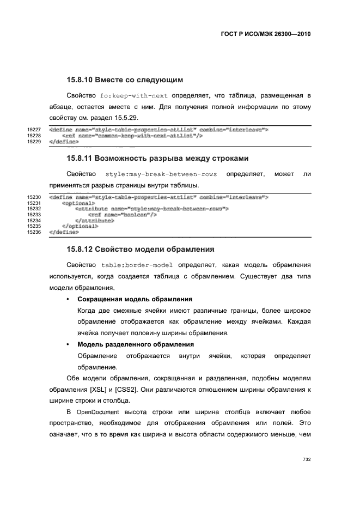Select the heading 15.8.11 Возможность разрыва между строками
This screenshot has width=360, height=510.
pos(157,159)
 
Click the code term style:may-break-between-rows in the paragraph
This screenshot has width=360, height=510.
pos(161,174)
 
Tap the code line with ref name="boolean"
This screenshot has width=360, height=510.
pos(123,215)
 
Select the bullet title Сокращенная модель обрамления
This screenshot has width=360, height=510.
pos(135,299)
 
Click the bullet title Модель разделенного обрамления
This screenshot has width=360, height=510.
pos(136,344)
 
